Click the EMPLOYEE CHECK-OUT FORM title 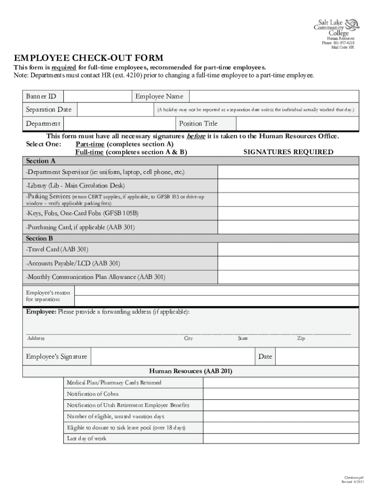point(88,58)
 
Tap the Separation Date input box point(115,110)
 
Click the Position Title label point(198,124)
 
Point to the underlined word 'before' point(196,136)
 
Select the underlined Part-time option point(90,144)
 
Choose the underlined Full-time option point(89,152)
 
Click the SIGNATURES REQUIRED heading point(288,152)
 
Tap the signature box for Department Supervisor point(288,173)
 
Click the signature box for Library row point(288,186)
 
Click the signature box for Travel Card point(288,249)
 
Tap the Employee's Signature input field point(172,357)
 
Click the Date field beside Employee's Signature point(317,357)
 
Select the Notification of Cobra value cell point(281,394)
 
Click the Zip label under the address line point(301,338)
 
